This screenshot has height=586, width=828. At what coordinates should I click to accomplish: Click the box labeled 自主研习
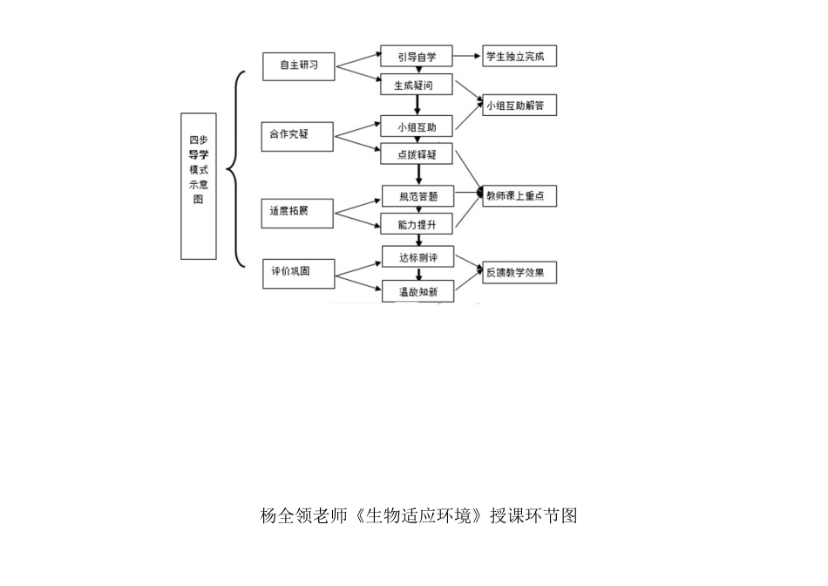pos(298,66)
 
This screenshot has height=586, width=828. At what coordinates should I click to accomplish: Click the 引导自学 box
pos(417,57)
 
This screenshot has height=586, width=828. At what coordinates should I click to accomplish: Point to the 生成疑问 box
pos(417,85)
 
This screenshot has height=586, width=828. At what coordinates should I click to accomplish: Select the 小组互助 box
pos(417,126)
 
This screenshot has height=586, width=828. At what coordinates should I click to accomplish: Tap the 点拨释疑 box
pos(417,154)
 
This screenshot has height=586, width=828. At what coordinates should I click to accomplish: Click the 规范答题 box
pos(417,196)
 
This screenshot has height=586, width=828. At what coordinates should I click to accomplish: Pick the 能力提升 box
pos(417,224)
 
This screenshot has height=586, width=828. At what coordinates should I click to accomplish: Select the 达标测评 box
pos(417,257)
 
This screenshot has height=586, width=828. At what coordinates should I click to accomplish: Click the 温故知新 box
pos(417,291)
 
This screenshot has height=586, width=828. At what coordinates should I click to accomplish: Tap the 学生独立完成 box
pos(519,57)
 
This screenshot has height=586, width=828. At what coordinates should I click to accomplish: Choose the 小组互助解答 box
pos(520,106)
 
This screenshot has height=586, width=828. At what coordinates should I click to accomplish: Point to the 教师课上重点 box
pos(520,195)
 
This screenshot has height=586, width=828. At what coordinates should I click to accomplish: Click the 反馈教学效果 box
pos(520,273)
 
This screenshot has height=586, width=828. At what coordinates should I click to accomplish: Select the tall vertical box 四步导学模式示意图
pos(198,186)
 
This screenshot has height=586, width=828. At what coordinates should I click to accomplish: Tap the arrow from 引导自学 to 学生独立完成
pos(467,57)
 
